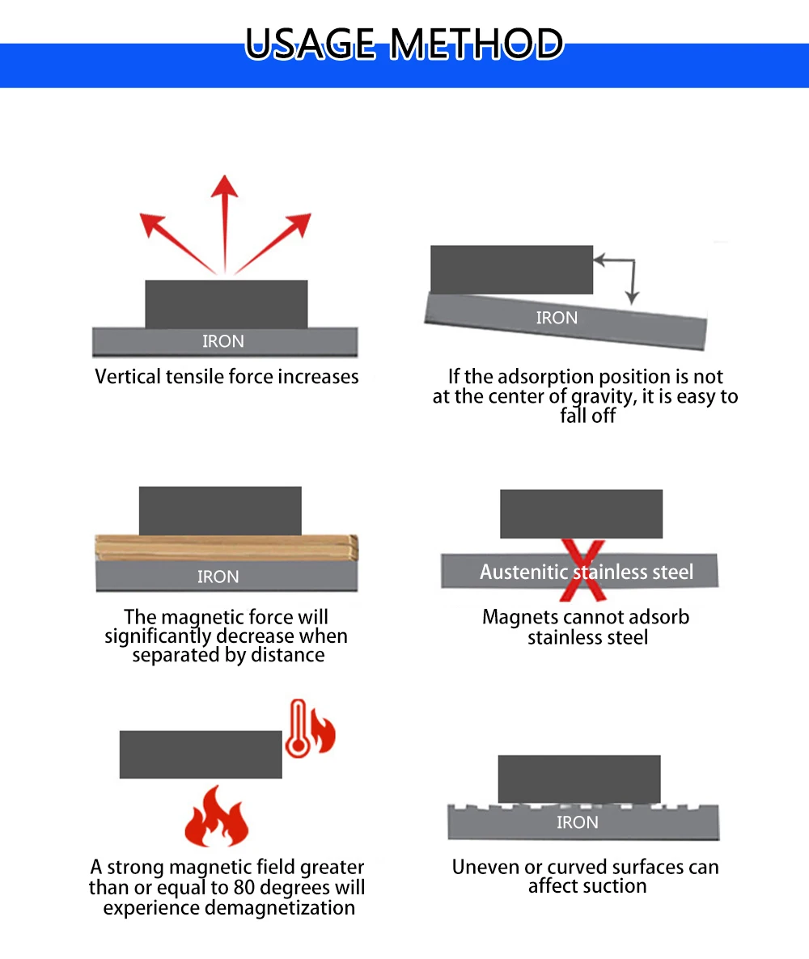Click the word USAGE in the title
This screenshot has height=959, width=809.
coord(311,44)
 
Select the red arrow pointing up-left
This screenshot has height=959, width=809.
coord(173,239)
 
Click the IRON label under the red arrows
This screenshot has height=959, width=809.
coord(222,341)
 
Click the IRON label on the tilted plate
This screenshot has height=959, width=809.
coord(557,318)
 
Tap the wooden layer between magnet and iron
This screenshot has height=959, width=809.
coord(227,547)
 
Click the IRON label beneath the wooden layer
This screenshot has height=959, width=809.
coord(218,577)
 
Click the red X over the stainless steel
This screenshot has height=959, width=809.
coord(595,572)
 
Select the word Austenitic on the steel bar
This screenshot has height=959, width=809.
coord(524,572)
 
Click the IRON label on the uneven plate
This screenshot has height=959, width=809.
coord(578,822)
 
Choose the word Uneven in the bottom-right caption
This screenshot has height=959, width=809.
coord(485,868)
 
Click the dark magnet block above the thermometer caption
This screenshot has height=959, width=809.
coord(201,754)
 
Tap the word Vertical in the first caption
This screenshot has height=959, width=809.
coord(128,377)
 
